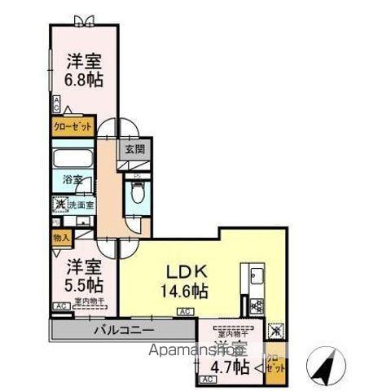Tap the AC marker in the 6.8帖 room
[x=57, y=103]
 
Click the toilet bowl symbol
[x=138, y=195]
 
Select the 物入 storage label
[x=61, y=237]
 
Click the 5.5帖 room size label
[x=82, y=286]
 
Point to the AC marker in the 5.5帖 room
[x=60, y=306]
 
